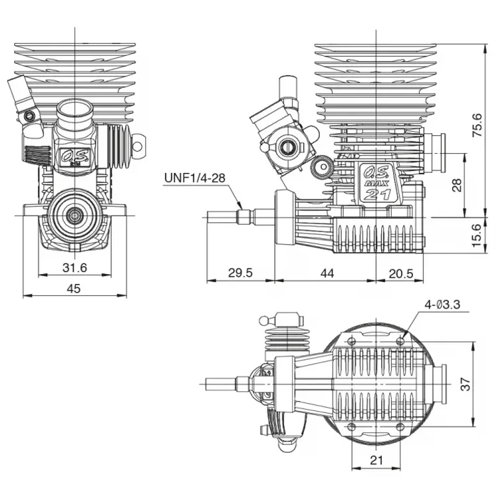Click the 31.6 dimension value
click(x=74, y=268)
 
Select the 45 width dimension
click(x=74, y=288)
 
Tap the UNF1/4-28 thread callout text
click(x=195, y=178)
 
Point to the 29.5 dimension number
click(x=241, y=273)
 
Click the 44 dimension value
click(x=327, y=273)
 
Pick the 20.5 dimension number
click(x=401, y=273)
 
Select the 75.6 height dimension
click(x=477, y=125)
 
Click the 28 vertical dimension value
click(x=457, y=185)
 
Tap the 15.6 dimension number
click(x=477, y=236)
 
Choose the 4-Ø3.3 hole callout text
click(x=443, y=304)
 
